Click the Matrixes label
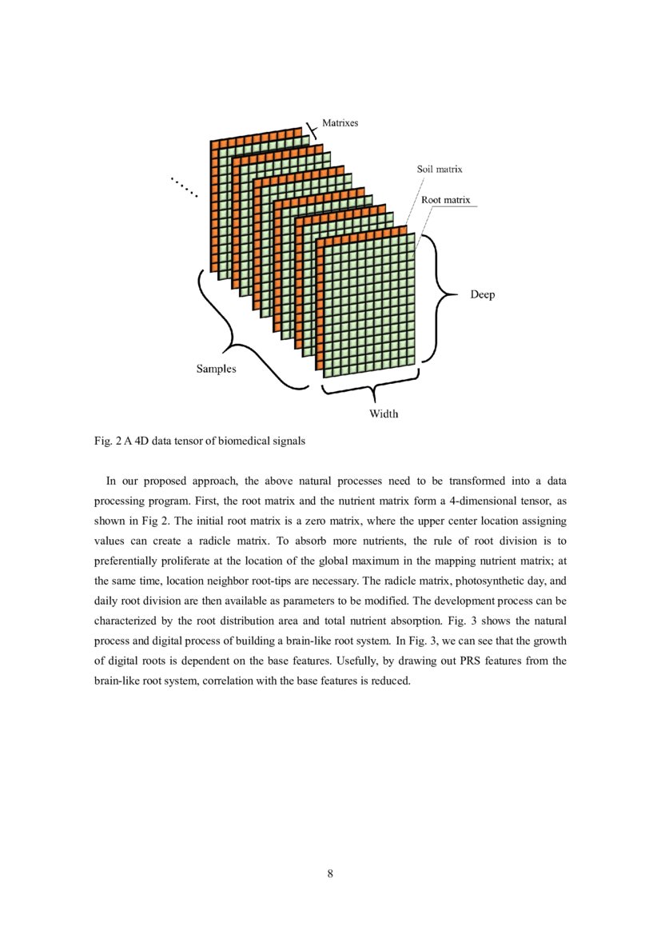340,123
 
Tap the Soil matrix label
439,170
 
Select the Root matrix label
445,199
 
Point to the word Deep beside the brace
482,295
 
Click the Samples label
217,370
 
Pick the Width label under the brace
383,414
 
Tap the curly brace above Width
372,391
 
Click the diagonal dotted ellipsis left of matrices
184,187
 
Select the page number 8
330,873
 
